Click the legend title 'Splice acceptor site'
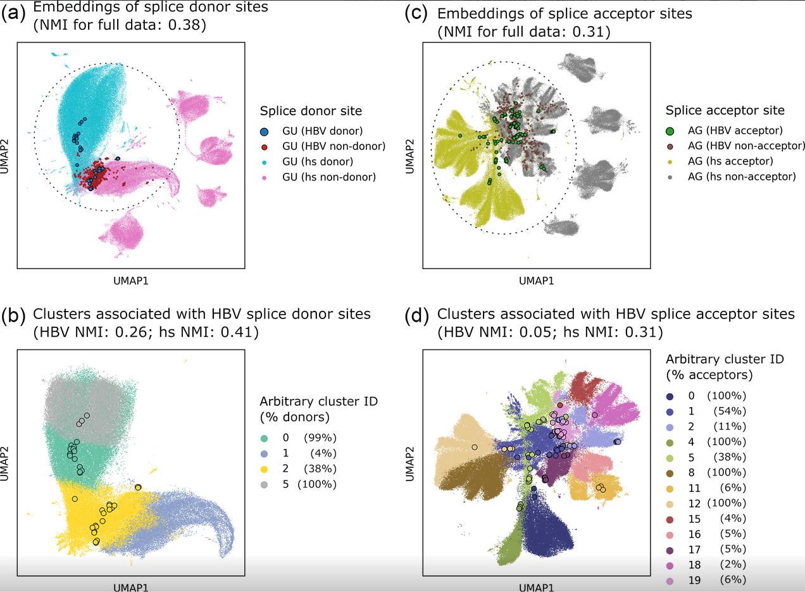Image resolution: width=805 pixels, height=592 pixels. (x=725, y=110)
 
